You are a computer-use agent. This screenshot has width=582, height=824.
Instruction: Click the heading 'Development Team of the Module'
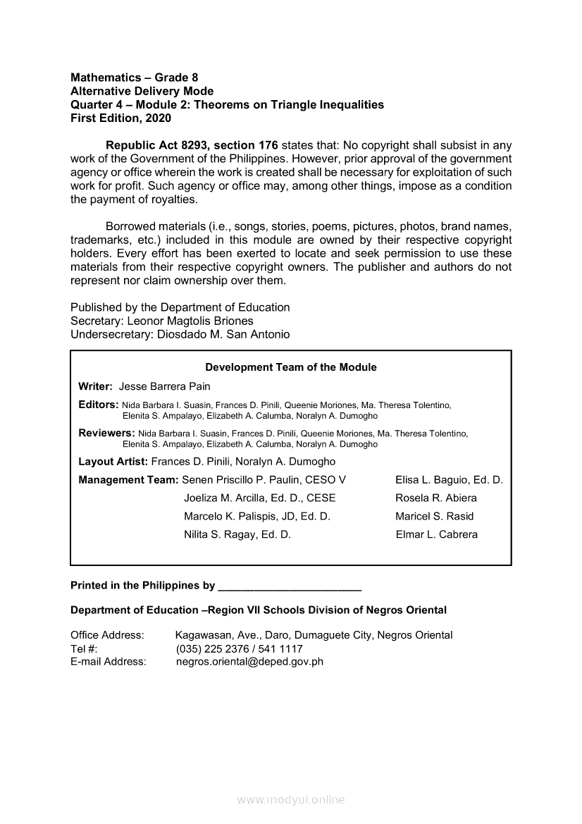[290, 367]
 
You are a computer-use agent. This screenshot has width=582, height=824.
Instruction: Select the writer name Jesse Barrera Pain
[164, 386]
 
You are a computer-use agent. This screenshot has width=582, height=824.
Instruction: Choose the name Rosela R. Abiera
[435, 498]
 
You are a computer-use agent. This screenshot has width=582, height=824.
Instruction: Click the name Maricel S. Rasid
[434, 516]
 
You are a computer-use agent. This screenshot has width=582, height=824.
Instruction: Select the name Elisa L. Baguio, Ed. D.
[449, 480]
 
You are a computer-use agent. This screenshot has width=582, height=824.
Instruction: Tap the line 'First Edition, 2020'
[120, 118]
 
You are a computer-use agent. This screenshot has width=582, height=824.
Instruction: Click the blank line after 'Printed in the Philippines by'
[290, 586]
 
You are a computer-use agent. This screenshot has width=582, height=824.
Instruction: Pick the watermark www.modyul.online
[291, 800]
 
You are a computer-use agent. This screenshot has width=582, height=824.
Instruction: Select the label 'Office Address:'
[107, 635]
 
